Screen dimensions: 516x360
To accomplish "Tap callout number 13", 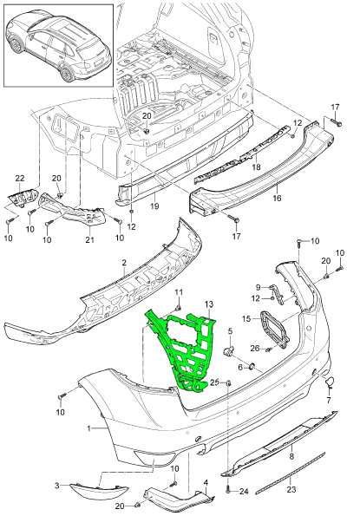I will (x=208, y=303).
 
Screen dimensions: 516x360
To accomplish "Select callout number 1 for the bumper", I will (x=89, y=428).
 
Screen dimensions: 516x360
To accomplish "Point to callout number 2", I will (x=124, y=261).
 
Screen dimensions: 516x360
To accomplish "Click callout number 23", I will (x=291, y=489).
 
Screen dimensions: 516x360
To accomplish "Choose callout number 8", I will (x=291, y=454).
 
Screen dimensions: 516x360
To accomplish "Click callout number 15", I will (x=246, y=319).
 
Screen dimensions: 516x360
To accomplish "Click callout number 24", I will (x=244, y=490).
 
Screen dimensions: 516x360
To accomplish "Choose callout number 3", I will (x=57, y=486).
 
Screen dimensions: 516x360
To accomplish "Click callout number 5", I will (x=231, y=331).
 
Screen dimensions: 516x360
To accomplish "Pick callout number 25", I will (x=213, y=382).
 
